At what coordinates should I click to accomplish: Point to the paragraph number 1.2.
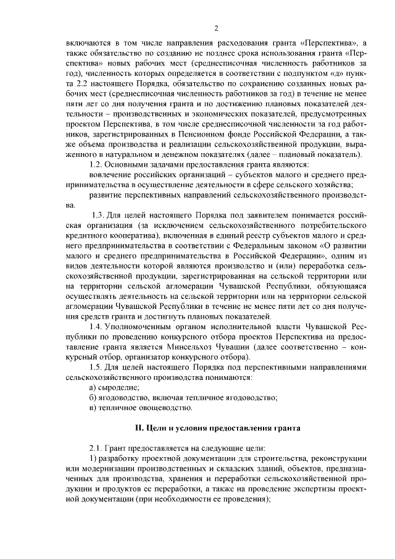[x=96, y=164]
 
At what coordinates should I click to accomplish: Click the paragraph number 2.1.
[x=96, y=448]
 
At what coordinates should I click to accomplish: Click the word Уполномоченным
[x=139, y=327]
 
